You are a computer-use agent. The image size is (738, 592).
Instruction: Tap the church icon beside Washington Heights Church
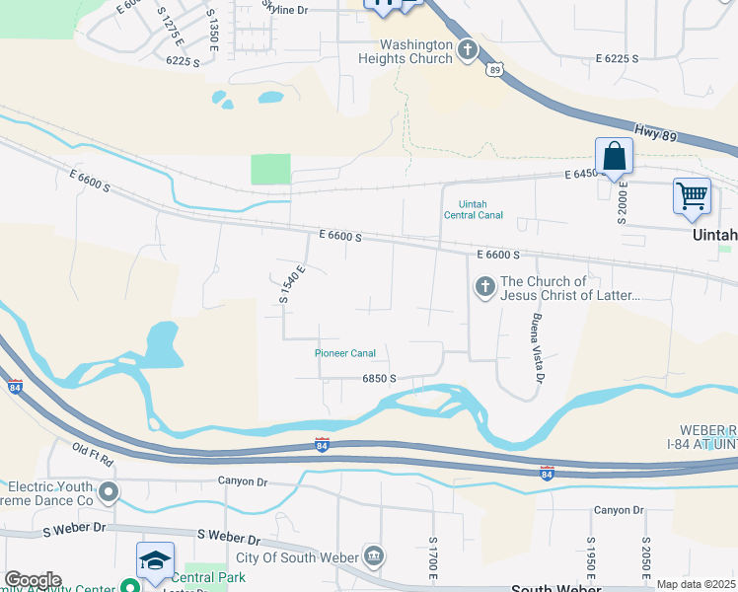coord(468,47)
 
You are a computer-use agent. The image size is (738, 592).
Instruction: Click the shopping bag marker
coord(614,157)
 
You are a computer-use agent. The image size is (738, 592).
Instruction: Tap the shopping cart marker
coord(692,195)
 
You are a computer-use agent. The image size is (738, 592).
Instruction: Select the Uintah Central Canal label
coord(474,209)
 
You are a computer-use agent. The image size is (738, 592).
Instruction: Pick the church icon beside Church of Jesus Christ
coord(484,287)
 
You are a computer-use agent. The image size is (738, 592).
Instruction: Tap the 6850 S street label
coord(379,378)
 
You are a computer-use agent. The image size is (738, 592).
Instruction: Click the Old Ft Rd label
coord(93,455)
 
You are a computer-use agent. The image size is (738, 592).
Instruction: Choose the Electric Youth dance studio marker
coord(110,490)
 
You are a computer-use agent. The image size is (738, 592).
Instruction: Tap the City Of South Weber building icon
coord(373,555)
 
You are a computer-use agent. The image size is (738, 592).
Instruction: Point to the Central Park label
coord(208,577)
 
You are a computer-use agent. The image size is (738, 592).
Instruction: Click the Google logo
coord(33,579)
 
